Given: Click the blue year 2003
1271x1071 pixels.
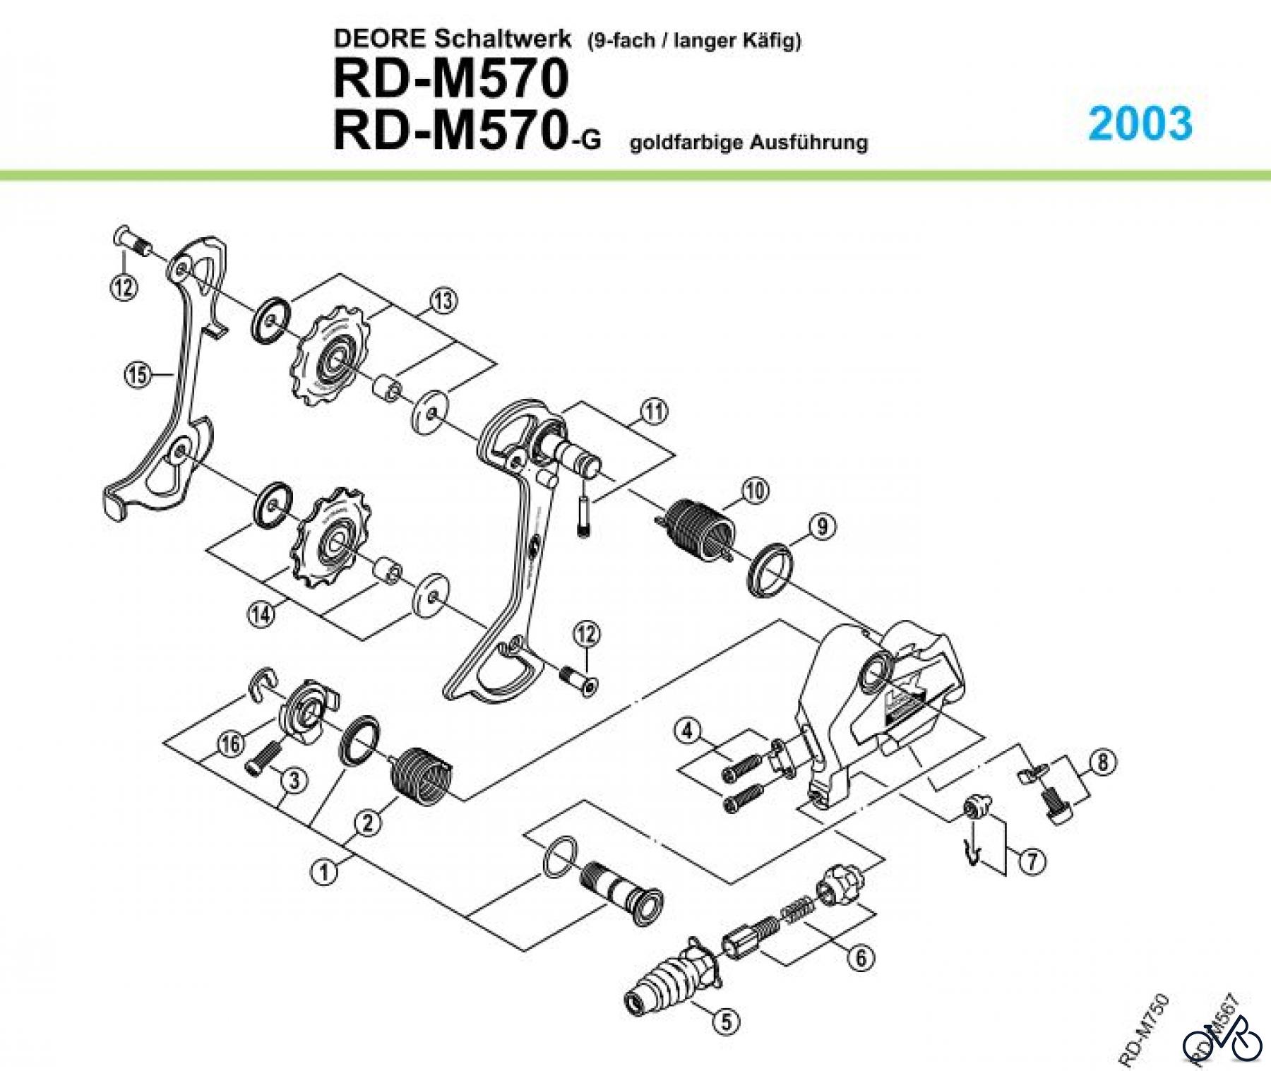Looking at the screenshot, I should (1140, 124).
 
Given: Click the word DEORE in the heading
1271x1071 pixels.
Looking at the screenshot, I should (379, 39).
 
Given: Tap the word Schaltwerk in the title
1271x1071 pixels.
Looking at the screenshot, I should (502, 39).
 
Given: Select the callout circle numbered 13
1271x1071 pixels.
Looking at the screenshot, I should (443, 301).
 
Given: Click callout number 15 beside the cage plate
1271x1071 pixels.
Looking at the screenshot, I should (138, 374).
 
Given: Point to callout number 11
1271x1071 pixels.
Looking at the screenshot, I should (654, 411).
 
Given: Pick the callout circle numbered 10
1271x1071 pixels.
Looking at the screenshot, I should (754, 490).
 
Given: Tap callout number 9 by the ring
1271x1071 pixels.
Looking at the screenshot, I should (823, 527).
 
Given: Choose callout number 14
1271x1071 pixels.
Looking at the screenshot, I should (261, 614).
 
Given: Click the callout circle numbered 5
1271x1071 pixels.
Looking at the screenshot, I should (726, 1022).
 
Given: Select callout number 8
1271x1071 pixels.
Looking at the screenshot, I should (1104, 762).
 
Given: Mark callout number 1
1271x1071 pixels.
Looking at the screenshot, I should (324, 873).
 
